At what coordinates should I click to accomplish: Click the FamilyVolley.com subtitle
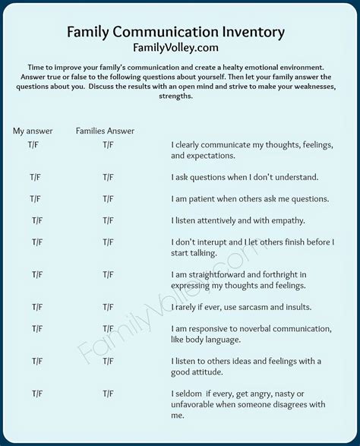[175, 47]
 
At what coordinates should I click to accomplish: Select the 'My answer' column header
[33, 131]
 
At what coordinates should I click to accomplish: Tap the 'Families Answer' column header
[105, 131]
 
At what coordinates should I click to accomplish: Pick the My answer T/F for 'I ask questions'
[36, 177]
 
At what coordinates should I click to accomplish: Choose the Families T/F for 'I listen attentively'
[107, 220]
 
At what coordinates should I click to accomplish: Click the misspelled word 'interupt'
[216, 242]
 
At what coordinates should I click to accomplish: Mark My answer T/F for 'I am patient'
[36, 198]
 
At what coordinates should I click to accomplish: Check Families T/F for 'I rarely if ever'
[107, 307]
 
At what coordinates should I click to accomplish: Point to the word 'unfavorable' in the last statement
[198, 404]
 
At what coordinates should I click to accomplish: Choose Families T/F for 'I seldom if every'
[107, 394]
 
